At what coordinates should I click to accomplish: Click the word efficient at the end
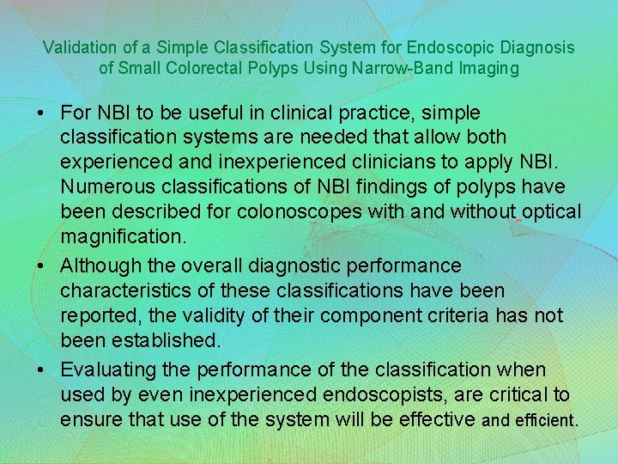545,421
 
